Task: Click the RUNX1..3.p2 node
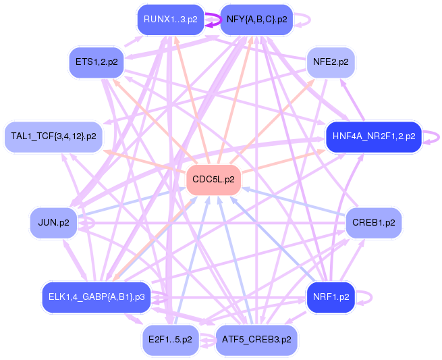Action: pos(170,20)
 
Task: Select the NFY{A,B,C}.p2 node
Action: pos(256,20)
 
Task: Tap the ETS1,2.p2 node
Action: pos(96,62)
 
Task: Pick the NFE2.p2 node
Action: pos(331,62)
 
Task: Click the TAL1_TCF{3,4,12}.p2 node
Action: pos(53,136)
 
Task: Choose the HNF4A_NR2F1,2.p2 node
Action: pos(373,136)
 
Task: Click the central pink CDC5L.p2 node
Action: pos(213,180)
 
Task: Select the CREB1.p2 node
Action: pos(373,222)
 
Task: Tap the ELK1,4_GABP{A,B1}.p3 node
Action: pos(96,297)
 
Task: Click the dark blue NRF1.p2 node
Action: pos(331,297)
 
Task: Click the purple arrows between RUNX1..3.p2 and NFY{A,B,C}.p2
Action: pos(211,20)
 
